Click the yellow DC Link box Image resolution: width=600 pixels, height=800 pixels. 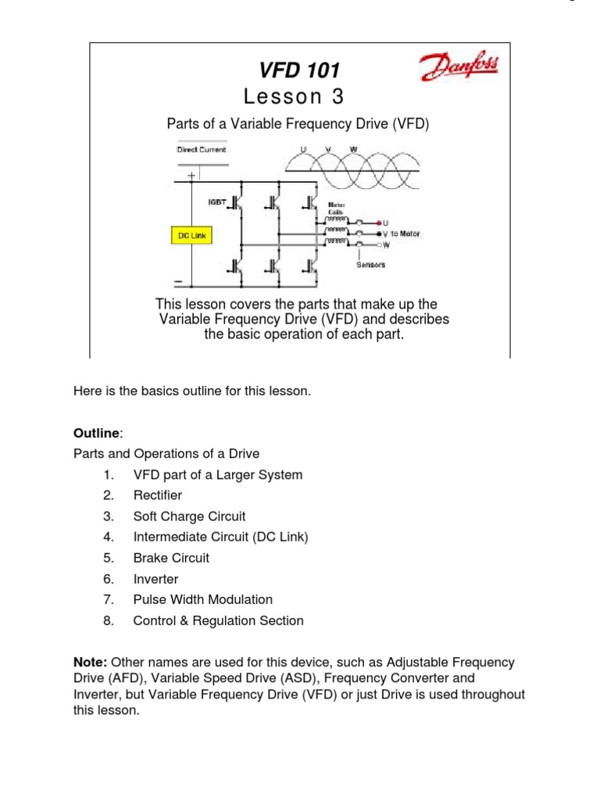(191, 234)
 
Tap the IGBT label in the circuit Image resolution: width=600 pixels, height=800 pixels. (217, 202)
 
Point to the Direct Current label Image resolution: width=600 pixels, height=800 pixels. (201, 149)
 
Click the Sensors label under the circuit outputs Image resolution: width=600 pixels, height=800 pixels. (371, 264)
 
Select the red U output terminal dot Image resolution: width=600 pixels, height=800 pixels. (379, 222)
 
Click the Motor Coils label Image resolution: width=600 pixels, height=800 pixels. (348, 208)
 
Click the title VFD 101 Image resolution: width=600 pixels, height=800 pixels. (299, 70)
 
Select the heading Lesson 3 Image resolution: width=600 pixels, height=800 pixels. (293, 96)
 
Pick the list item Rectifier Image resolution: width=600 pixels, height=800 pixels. (158, 495)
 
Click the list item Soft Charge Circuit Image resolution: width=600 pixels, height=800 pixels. (189, 516)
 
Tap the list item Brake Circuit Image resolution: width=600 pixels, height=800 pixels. (171, 558)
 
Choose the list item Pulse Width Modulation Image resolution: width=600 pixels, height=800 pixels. (203, 600)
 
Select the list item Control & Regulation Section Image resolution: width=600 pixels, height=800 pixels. (218, 621)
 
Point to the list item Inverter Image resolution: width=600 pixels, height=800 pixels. (155, 579)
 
